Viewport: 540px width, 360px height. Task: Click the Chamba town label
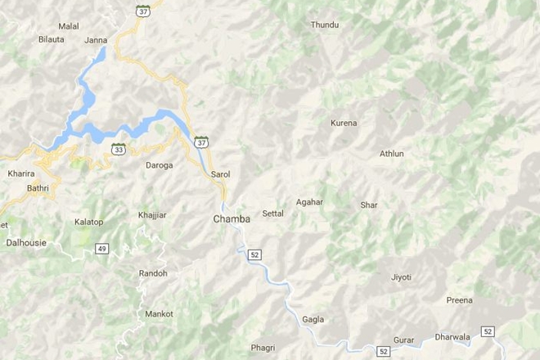pos(232,219)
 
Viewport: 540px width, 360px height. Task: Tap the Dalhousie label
pos(26,243)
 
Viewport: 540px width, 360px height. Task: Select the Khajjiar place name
pos(152,215)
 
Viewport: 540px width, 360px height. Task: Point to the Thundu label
pos(325,25)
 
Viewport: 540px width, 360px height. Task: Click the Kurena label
pos(344,124)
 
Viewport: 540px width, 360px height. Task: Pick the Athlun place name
pos(392,154)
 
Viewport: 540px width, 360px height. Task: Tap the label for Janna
pos(96,39)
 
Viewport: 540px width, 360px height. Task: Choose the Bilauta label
pos(51,39)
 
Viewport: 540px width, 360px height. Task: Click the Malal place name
pos(69,26)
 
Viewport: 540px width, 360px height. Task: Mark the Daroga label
pos(159,165)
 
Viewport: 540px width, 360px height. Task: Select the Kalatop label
pos(88,222)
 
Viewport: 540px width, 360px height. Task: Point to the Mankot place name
pos(159,314)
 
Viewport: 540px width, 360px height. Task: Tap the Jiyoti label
pos(402,277)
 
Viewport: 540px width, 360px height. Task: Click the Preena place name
pos(459,300)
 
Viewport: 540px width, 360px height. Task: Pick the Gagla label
pos(313,319)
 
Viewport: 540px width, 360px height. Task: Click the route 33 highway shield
pos(119,150)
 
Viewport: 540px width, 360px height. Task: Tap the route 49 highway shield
pos(101,249)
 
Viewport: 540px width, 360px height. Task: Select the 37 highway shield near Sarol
pos(201,142)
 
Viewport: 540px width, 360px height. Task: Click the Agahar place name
pos(309,201)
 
